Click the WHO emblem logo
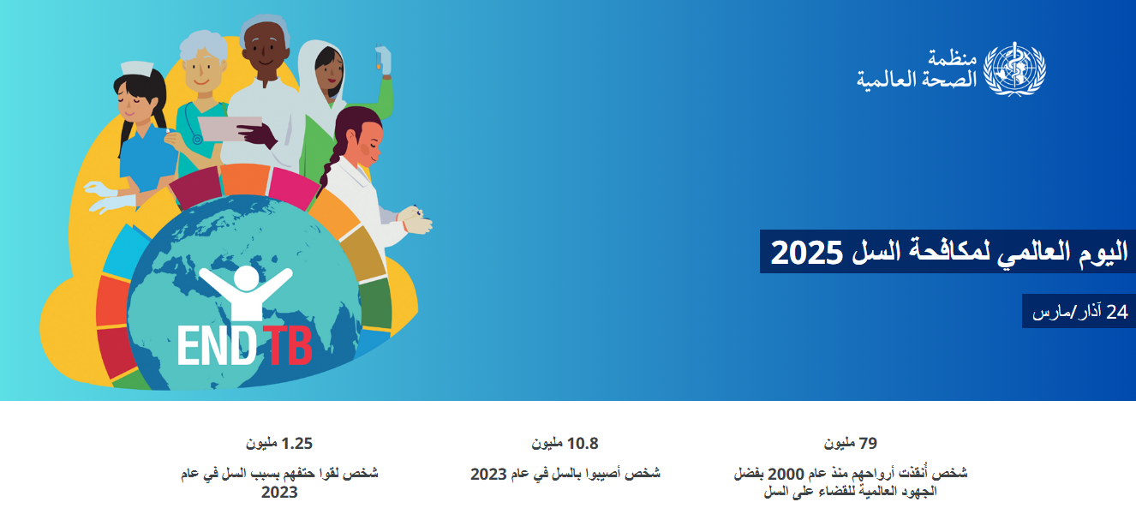(x=1014, y=69)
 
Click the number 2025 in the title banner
(x=807, y=253)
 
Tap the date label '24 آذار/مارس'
(x=1080, y=312)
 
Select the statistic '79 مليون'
(x=851, y=444)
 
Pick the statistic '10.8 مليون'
(x=565, y=444)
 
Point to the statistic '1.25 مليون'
(x=279, y=444)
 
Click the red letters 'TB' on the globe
(x=288, y=345)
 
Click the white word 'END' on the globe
(x=217, y=345)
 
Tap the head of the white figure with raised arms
(x=247, y=278)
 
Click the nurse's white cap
(x=137, y=68)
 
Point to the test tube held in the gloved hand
(x=380, y=57)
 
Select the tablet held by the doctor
(x=230, y=129)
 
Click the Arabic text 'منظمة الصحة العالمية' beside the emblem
(x=917, y=69)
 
